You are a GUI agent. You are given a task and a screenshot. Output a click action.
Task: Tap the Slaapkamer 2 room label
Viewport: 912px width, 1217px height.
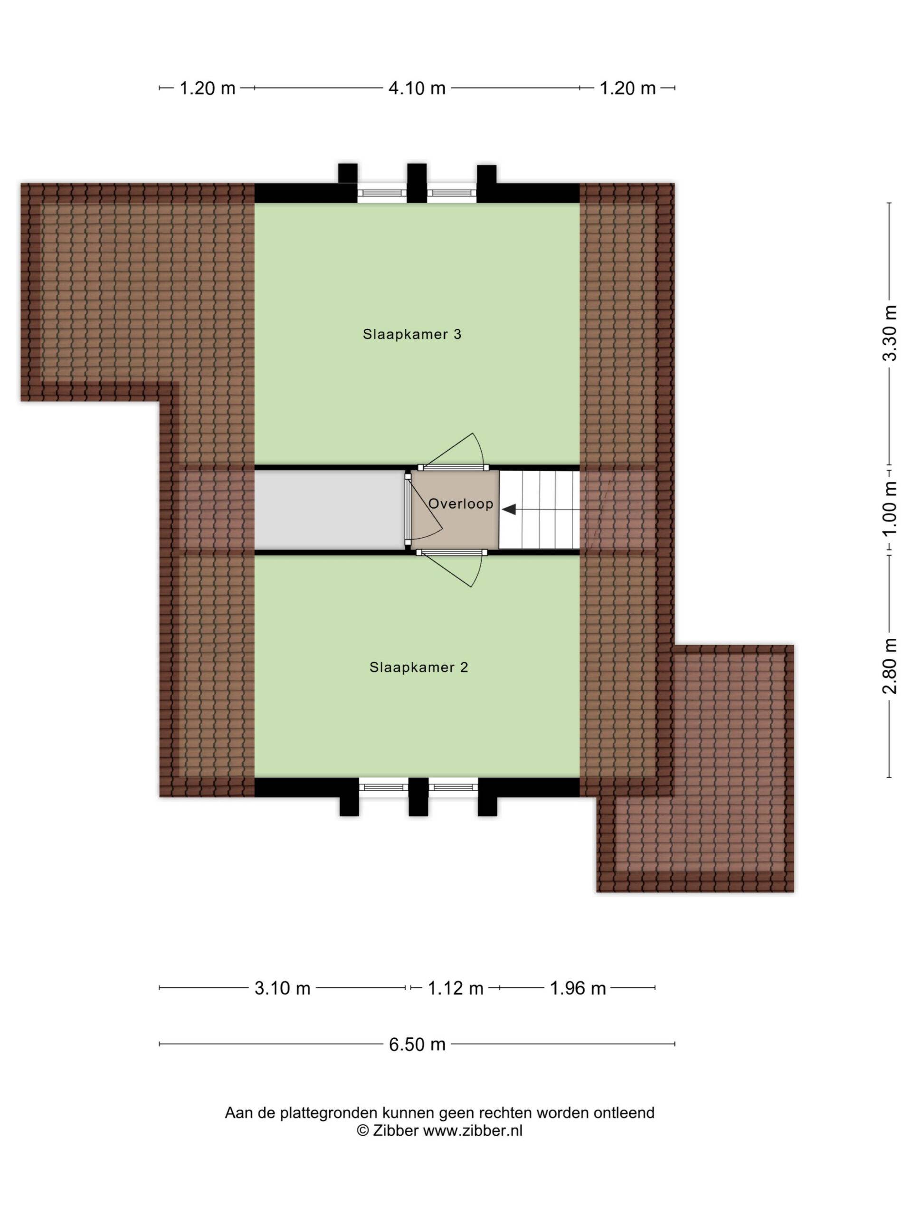[x=418, y=667]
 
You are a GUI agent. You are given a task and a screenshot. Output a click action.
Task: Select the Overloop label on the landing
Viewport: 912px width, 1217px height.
[x=461, y=503]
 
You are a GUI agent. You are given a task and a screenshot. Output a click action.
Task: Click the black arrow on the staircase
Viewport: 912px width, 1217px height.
[x=509, y=510]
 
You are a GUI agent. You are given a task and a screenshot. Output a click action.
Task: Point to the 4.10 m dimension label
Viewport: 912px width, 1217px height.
[x=417, y=88]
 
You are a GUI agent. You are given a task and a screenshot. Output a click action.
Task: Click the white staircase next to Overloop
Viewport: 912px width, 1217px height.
[x=539, y=510]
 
